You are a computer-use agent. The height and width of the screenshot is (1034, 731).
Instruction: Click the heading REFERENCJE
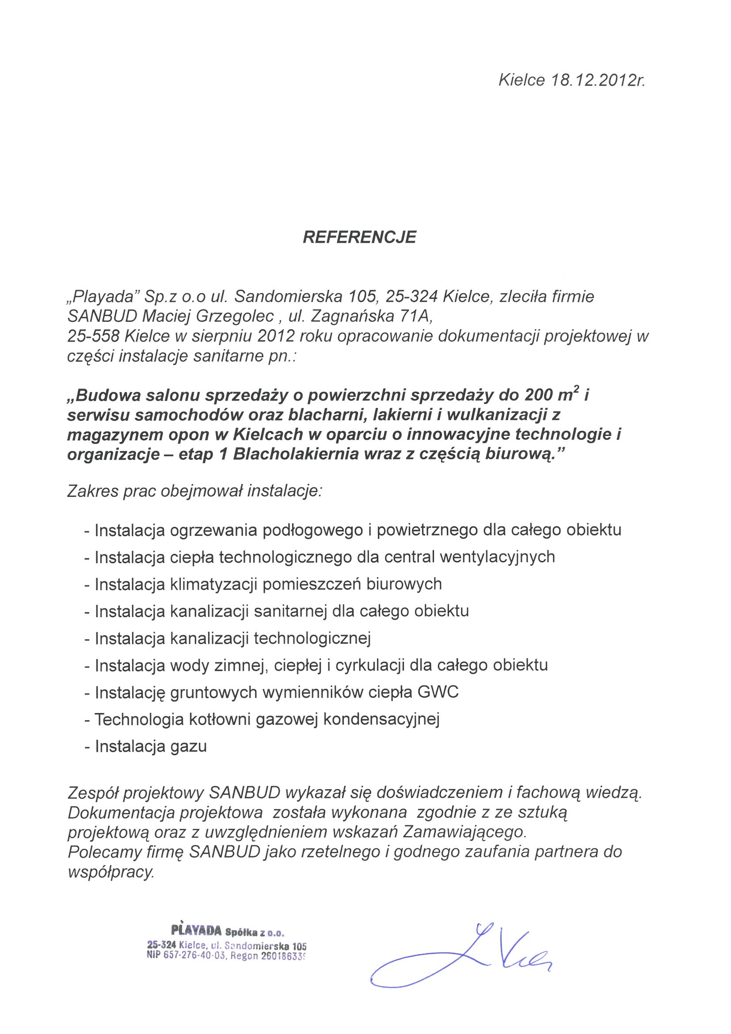(x=359, y=237)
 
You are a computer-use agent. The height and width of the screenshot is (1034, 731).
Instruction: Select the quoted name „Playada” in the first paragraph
(x=104, y=297)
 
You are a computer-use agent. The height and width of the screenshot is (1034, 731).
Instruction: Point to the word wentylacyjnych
(x=497, y=557)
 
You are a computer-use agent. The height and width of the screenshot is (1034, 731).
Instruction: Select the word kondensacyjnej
(x=381, y=719)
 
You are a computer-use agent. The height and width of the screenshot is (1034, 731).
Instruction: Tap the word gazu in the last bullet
(x=188, y=746)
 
